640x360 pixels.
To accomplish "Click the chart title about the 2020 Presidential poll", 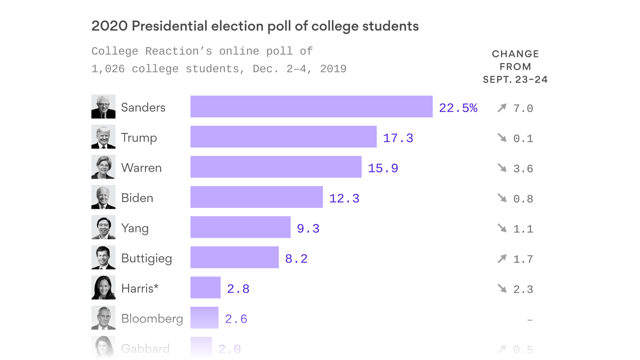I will pyautogui.click(x=255, y=26).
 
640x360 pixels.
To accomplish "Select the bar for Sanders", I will pyautogui.click(x=311, y=107).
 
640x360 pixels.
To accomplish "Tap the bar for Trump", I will pyautogui.click(x=283, y=137).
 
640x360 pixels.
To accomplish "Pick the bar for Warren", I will pyautogui.click(x=275, y=167).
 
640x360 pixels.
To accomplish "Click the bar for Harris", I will pyautogui.click(x=205, y=288).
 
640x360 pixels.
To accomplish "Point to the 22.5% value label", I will pyautogui.click(x=458, y=108).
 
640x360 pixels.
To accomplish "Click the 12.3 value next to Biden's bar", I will pyautogui.click(x=344, y=199).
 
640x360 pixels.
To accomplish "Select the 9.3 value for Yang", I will pyautogui.click(x=308, y=229).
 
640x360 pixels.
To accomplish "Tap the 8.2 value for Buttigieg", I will pyautogui.click(x=296, y=259).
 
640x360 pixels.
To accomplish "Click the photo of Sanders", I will pyautogui.click(x=103, y=107).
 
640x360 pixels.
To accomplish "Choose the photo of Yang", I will pyautogui.click(x=103, y=228).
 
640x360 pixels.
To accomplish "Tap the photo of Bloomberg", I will pyautogui.click(x=103, y=318).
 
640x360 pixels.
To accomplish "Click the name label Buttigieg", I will pyautogui.click(x=146, y=259).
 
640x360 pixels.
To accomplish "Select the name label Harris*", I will pyautogui.click(x=140, y=288).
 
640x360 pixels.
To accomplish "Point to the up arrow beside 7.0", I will pyautogui.click(x=502, y=108).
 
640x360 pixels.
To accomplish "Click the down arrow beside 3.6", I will pyautogui.click(x=502, y=168).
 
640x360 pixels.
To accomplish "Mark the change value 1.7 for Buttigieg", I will pyautogui.click(x=523, y=259).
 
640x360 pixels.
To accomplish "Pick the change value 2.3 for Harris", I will pyautogui.click(x=523, y=289).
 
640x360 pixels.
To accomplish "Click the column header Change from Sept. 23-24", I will pyautogui.click(x=515, y=67).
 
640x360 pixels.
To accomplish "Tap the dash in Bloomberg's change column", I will pyautogui.click(x=530, y=320).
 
